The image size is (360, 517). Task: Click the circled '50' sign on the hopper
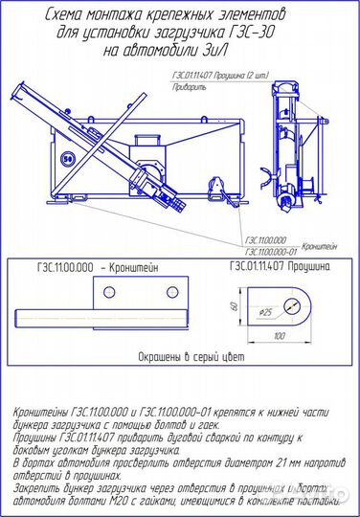coord(67,159)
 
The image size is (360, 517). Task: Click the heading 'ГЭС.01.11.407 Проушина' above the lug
coord(279,269)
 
